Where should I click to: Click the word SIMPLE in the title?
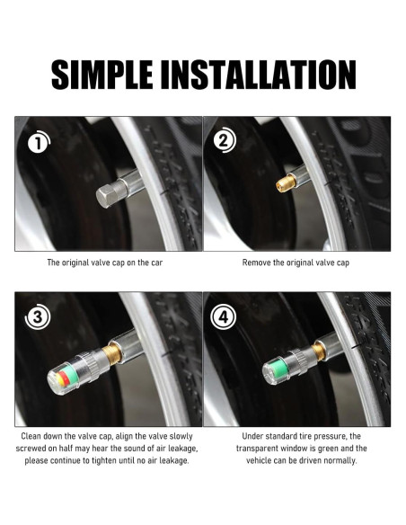coord(101,75)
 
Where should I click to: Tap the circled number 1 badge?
coord(39,142)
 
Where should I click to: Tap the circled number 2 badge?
coord(225,140)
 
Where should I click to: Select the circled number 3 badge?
coord(38,316)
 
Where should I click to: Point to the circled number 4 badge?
coord(224,316)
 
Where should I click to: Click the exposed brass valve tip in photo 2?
coord(287,182)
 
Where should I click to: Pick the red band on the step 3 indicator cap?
coord(65,378)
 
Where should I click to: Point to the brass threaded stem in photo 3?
coord(112,355)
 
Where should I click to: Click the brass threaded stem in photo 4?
coord(318,351)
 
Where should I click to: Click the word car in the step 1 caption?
coord(156,262)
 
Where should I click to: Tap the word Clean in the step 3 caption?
coord(31,436)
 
